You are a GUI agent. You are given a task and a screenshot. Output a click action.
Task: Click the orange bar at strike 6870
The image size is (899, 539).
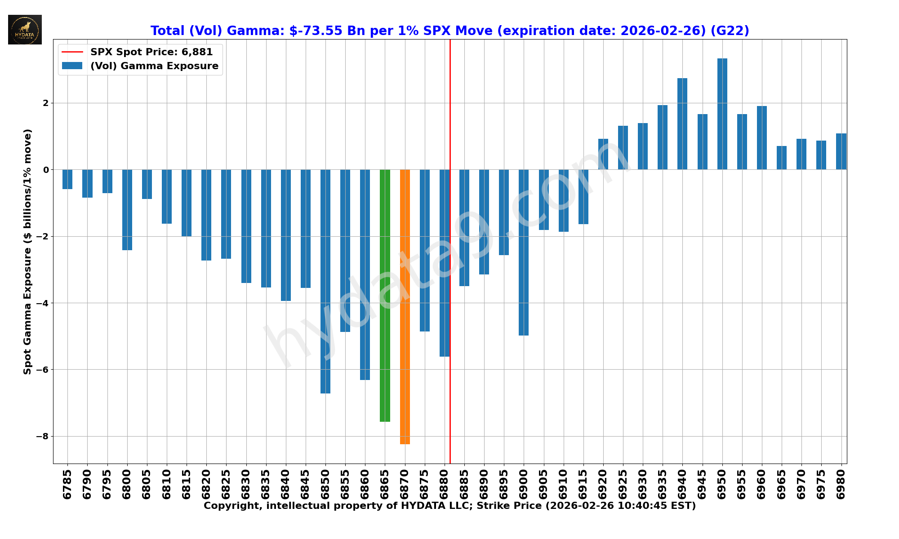[405, 307]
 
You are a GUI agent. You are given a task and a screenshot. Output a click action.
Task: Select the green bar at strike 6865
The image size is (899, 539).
[385, 296]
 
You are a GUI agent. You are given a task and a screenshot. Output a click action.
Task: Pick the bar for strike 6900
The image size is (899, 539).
[524, 252]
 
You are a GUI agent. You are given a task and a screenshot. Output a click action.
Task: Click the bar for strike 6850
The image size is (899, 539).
[325, 281]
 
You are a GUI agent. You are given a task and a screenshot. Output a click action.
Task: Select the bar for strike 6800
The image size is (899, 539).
[127, 210]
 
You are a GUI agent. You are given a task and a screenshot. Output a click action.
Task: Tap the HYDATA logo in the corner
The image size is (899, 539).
[25, 30]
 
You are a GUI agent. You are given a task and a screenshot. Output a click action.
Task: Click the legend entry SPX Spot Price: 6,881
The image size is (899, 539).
[151, 52]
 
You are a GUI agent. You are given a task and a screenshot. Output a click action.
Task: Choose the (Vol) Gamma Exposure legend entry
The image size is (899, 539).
[154, 66]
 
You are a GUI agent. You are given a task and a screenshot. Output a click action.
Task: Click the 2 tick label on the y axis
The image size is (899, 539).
[45, 103]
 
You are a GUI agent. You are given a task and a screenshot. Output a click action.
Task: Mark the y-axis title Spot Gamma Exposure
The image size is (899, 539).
[28, 252]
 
